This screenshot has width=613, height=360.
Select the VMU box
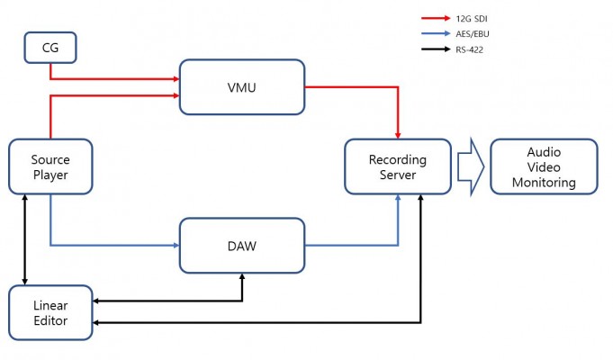pos(242,86)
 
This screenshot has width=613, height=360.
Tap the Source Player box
pos(50,166)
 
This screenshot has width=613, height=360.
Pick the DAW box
pos(242,245)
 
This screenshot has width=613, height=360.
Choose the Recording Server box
pos(398,166)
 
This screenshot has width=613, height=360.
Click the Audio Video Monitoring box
pos(544,166)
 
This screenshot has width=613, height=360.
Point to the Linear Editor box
pos(50,312)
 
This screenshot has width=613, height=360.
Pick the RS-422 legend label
pos(471,49)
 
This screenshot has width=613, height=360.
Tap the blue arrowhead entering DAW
pos(175,245)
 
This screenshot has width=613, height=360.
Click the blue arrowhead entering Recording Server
pos(398,200)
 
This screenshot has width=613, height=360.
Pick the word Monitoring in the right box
pos(544,183)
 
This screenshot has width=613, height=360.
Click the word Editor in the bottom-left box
pos(50,320)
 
